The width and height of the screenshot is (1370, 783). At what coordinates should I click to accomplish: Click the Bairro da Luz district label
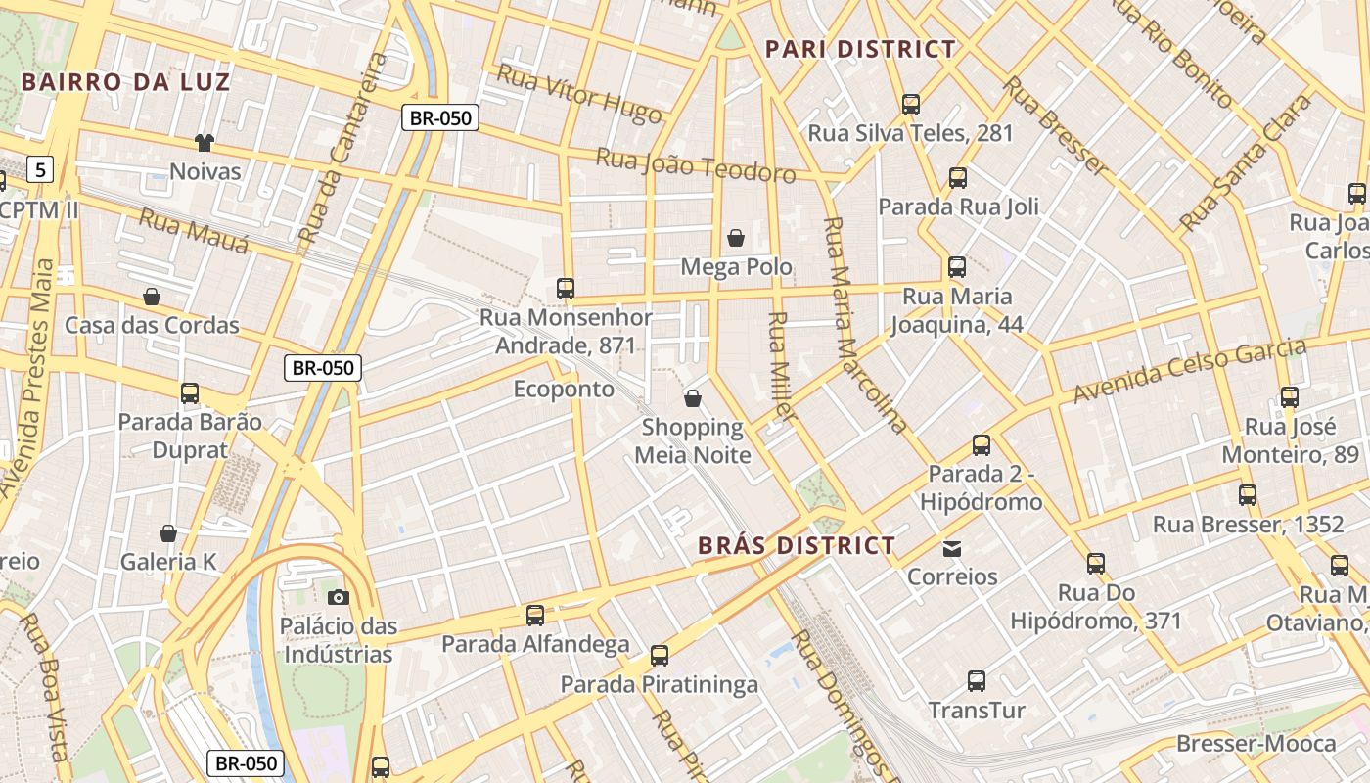125,81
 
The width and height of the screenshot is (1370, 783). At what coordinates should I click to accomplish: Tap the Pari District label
860,49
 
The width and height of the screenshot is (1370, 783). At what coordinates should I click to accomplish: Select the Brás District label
797,545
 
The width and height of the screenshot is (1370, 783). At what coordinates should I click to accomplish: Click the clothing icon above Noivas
204,143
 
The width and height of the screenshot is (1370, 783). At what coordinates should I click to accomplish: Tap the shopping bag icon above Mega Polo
736,238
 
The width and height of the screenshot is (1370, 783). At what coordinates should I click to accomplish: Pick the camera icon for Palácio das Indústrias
338,597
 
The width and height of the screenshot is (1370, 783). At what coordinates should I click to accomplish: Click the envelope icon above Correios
952,548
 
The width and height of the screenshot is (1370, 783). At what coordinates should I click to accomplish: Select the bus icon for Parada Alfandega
535,616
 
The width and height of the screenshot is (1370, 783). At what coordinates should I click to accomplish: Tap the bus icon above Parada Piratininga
660,656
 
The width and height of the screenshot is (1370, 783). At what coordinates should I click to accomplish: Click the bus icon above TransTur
976,681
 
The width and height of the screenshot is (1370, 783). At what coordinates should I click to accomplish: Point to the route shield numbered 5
39,170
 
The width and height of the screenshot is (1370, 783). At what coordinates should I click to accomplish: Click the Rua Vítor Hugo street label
579,94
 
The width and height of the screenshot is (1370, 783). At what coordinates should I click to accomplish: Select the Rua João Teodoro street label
695,164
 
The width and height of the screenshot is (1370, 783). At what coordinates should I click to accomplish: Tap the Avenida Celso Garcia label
1189,370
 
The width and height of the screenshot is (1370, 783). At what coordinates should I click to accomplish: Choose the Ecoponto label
564,390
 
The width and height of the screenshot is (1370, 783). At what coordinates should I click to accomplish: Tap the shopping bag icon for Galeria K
168,533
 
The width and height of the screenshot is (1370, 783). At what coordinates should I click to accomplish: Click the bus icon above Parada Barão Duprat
190,393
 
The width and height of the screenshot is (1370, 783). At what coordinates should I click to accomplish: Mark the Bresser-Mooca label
1256,744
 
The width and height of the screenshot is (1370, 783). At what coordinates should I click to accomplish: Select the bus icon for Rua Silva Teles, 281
911,104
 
